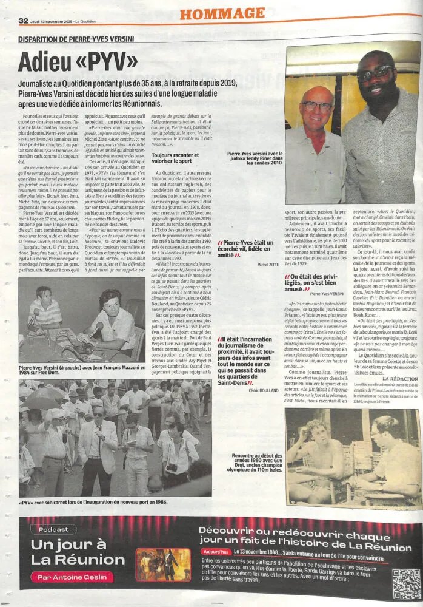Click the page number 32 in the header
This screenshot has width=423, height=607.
pos(24,21)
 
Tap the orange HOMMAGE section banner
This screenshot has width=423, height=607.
pos(221,13)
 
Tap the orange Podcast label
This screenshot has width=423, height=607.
pos(55,529)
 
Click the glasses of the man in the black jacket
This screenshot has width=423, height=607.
pos(375,74)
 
